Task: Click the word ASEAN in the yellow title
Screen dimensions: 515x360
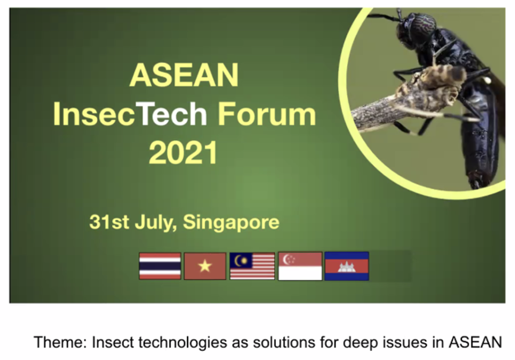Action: tap(184, 75)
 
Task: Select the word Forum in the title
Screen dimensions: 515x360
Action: tap(267, 114)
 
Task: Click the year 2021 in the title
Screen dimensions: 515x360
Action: tap(183, 152)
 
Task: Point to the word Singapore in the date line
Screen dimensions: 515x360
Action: tap(231, 223)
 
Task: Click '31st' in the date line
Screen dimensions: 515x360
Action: tap(109, 222)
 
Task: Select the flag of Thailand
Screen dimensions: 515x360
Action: tap(160, 266)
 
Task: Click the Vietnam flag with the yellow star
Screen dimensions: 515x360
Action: tap(205, 266)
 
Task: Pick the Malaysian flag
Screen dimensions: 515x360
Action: tap(252, 266)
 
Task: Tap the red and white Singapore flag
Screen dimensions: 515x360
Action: tap(300, 266)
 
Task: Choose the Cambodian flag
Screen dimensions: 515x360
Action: tap(347, 266)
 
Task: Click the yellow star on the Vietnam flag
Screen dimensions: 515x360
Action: tap(205, 266)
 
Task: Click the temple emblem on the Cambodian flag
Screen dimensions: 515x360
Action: tap(347, 267)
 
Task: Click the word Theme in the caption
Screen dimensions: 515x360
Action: tap(61, 342)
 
